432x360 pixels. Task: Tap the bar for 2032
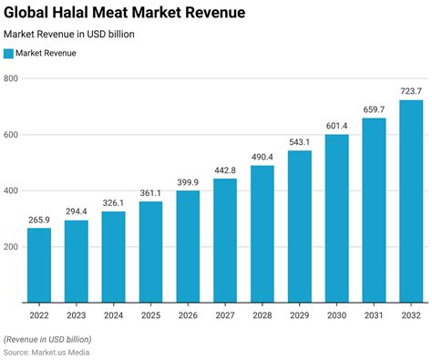pyautogui.click(x=412, y=201)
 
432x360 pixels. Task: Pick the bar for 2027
pyautogui.click(x=226, y=241)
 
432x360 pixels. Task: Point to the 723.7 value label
pyautogui.click(x=412, y=90)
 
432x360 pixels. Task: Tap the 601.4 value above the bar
pyautogui.click(x=337, y=125)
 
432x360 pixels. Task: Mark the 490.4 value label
pyautogui.click(x=263, y=156)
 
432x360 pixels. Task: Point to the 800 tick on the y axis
pyautogui.click(x=11, y=79)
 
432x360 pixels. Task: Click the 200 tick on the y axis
pyautogui.click(x=11, y=247)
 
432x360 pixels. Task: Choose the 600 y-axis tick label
pyautogui.click(x=11, y=135)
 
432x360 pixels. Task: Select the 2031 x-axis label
pyautogui.click(x=375, y=314)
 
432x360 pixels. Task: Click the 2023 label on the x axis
pyautogui.click(x=77, y=314)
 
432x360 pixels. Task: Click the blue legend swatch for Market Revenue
pyautogui.click(x=9, y=54)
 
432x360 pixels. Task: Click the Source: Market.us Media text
pyautogui.click(x=47, y=351)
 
